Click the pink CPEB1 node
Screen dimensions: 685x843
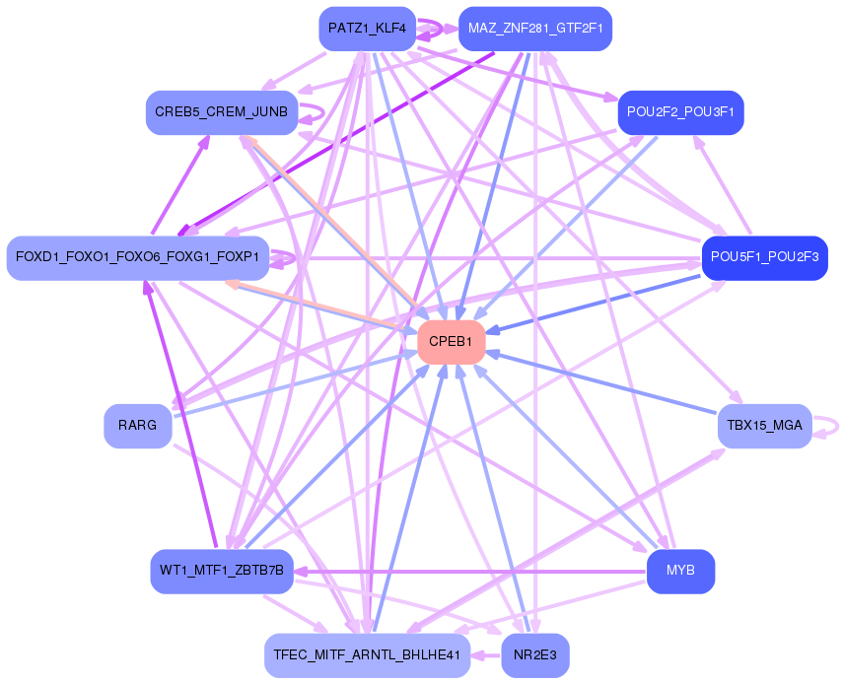click(x=451, y=342)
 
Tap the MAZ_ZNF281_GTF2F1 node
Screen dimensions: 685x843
click(x=535, y=29)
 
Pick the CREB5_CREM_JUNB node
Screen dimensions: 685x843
click(x=221, y=112)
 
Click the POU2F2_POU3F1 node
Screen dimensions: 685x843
click(x=680, y=112)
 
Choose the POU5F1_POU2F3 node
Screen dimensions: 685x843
click(x=764, y=257)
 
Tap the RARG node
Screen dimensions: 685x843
click(x=138, y=426)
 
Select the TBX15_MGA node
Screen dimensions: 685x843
click(x=764, y=426)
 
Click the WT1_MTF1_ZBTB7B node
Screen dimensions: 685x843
click(x=221, y=571)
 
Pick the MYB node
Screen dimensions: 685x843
click(x=680, y=571)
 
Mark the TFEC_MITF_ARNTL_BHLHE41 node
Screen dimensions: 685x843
click(x=367, y=654)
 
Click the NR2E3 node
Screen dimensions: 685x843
click(x=535, y=654)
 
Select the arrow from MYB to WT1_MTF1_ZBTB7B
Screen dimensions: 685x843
click(x=473, y=571)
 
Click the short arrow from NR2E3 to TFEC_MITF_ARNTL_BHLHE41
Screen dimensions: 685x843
click(x=486, y=654)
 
